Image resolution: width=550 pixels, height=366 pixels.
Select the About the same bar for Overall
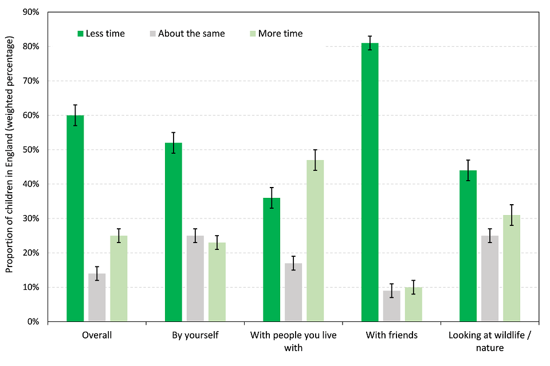coord(97,297)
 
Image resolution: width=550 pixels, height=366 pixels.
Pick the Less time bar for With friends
coord(370,182)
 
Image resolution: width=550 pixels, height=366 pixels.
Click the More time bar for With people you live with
coord(315,241)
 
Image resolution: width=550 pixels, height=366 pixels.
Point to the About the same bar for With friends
coord(392,306)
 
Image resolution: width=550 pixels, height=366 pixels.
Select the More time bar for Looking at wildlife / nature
coord(512,268)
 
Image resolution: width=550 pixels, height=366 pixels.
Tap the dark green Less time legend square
coord(81,34)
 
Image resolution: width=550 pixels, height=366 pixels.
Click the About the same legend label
coord(191,34)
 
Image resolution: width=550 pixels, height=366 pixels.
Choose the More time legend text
coord(280,34)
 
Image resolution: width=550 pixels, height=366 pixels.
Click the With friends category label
coord(392,335)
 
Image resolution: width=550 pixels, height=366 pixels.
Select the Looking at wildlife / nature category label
coord(490,341)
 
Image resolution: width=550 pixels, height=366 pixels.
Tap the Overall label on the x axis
coord(97,335)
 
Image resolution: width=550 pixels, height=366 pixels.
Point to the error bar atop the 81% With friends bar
coord(370,43)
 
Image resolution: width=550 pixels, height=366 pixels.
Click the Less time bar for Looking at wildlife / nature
coord(468,246)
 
